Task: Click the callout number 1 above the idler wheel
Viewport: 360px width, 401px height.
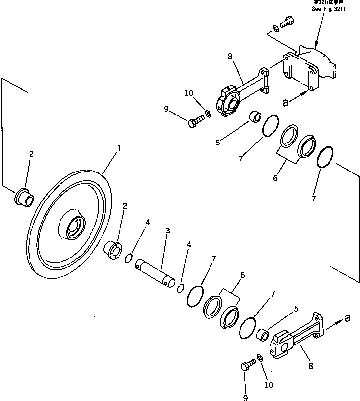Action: point(119,147)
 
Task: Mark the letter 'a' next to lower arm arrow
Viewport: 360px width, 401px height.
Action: point(348,318)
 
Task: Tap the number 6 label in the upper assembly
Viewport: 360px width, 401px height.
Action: point(275,178)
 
